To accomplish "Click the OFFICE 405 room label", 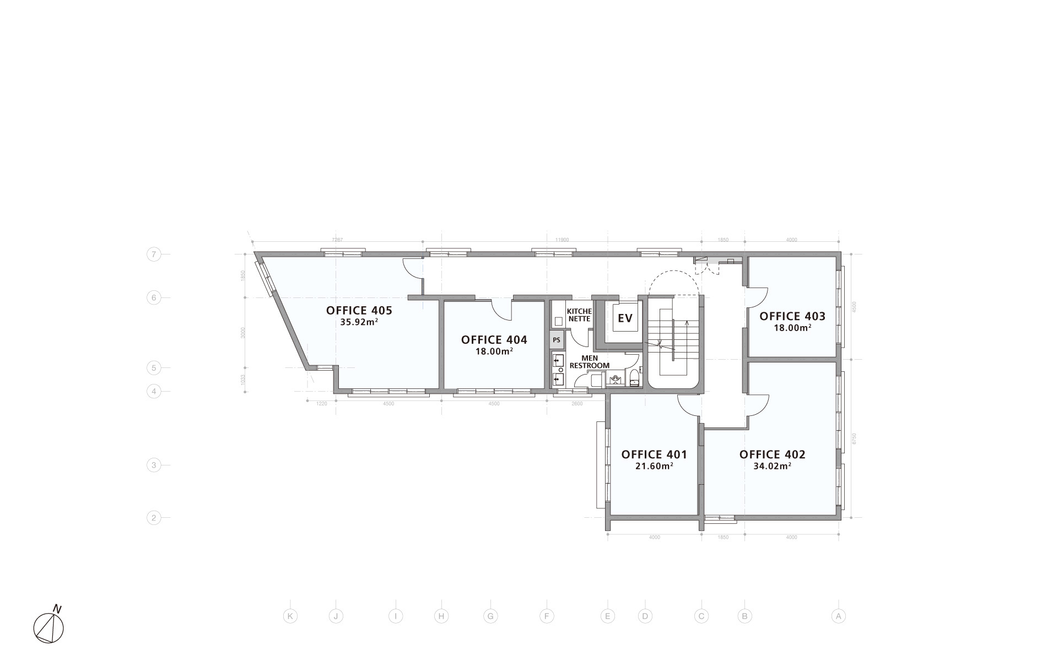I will (x=359, y=310).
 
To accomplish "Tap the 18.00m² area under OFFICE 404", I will (x=494, y=351).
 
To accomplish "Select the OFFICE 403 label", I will (x=792, y=316).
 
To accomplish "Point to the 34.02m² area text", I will (x=772, y=466).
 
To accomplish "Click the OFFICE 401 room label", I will (x=654, y=454).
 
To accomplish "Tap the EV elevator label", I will (x=624, y=318).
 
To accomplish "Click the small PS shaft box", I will (x=557, y=340).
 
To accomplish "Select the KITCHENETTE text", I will (x=579, y=315).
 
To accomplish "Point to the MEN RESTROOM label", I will (x=589, y=362).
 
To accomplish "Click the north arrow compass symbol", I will (x=48, y=627).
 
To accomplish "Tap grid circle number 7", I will (x=154, y=254).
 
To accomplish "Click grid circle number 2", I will (x=154, y=518).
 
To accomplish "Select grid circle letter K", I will (x=290, y=616).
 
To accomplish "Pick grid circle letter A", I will (x=838, y=616).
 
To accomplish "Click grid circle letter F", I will (x=546, y=616).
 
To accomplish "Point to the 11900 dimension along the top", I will (x=562, y=240).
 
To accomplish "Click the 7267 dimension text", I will (x=337, y=240).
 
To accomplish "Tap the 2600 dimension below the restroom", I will (x=576, y=404).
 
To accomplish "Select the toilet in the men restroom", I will (x=634, y=378).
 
